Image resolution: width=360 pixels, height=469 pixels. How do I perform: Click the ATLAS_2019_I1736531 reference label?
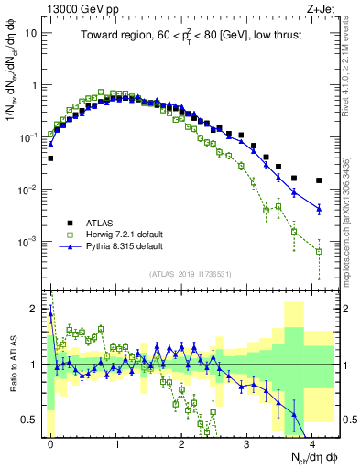(189, 274)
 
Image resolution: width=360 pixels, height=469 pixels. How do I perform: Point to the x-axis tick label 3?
(247, 443)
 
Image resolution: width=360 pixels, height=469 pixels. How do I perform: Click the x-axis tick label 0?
(50, 443)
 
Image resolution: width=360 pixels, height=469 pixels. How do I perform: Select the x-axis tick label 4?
(312, 443)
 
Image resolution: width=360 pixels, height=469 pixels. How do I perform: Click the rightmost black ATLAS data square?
(319, 180)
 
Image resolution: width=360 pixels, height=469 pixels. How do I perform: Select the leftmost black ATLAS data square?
(50, 158)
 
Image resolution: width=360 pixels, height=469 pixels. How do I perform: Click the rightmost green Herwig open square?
(319, 251)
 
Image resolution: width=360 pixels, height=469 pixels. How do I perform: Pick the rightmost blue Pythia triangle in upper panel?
(319, 209)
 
